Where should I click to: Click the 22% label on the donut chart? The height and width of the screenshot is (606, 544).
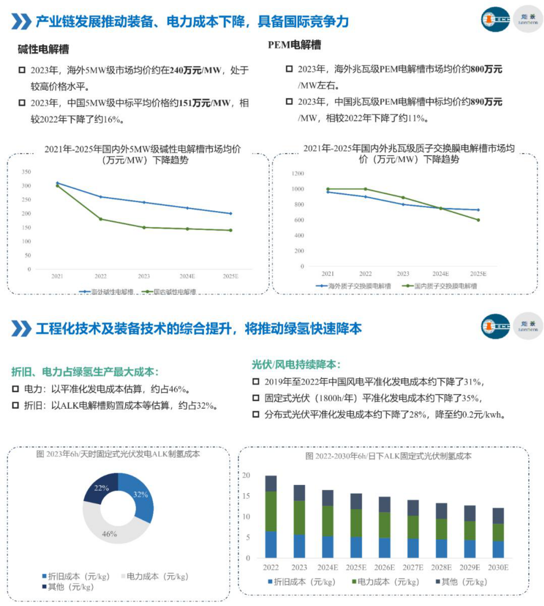coord(101,488)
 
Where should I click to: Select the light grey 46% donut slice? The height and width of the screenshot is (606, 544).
coord(109,534)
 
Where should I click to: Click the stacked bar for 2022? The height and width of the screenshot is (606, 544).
coord(271,517)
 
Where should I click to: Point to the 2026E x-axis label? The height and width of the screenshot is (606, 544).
coord(384,567)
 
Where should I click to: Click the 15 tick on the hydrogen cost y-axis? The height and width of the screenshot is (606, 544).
coord(246,496)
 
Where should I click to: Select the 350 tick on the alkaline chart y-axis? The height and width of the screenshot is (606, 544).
coord(26,172)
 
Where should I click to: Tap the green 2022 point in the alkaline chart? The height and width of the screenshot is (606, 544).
coord(100,219)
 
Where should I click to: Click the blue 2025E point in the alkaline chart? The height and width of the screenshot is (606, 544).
coord(230,213)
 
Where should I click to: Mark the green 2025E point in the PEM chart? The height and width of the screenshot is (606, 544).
coord(478,220)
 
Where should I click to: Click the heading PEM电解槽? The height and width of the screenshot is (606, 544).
coord(294,45)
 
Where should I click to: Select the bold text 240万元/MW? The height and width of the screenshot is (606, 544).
coord(195,70)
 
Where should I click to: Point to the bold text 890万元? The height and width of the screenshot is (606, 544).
coord(486,102)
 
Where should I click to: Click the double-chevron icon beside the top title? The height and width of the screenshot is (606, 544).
coord(21,22)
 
